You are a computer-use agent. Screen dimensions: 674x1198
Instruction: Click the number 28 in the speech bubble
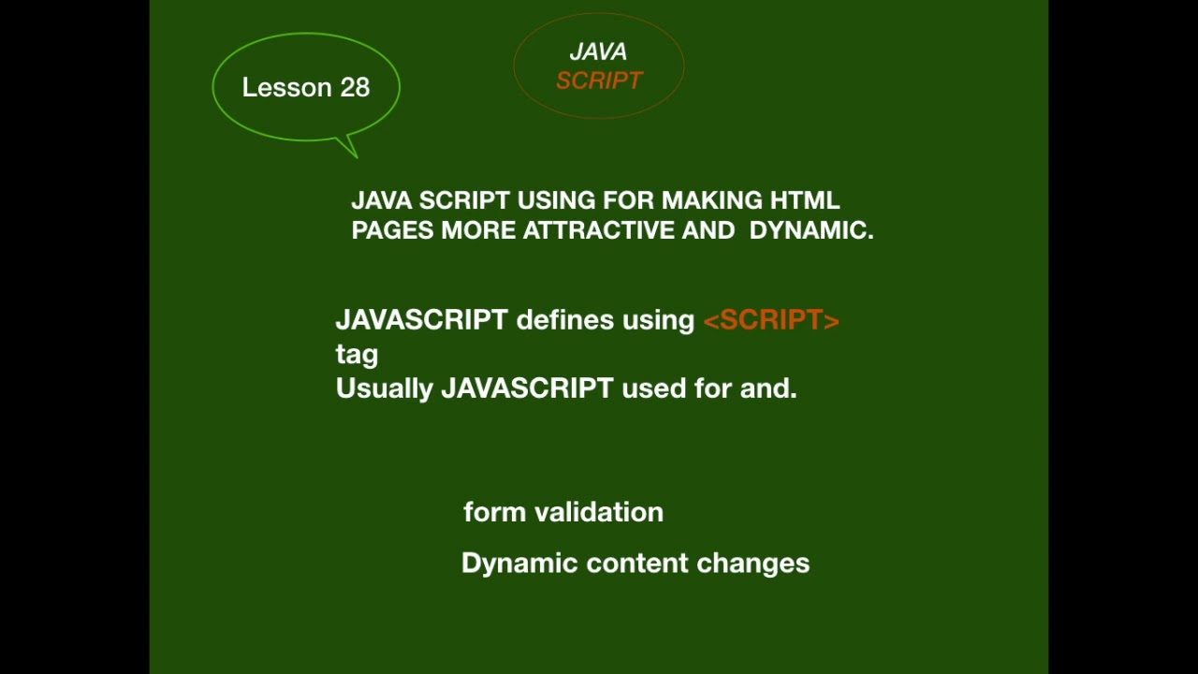(x=355, y=87)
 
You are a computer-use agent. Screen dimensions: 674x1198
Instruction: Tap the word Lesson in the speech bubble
(x=286, y=87)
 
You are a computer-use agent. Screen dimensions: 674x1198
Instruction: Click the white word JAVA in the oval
(x=598, y=52)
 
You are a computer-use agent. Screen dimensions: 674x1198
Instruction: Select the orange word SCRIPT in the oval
(x=599, y=81)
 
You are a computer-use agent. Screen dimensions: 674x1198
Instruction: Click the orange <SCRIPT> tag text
(x=771, y=320)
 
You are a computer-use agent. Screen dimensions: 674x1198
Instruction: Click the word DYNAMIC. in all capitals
(x=811, y=230)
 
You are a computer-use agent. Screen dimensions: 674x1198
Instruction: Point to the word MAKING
(x=711, y=200)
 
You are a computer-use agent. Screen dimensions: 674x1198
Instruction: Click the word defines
(x=565, y=320)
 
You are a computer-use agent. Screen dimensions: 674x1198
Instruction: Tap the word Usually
(x=384, y=388)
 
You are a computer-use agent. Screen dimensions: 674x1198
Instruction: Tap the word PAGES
(x=392, y=230)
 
